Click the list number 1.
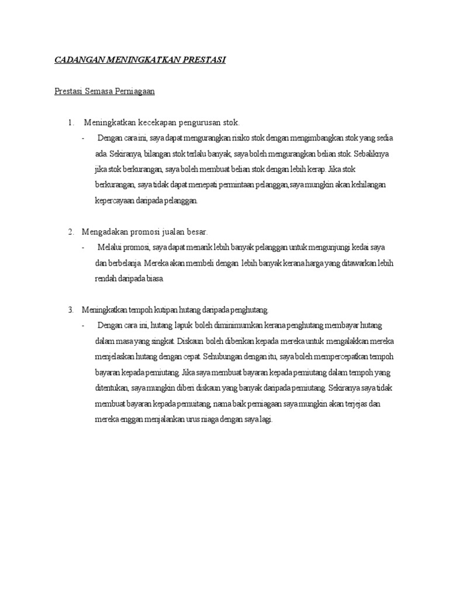click(70, 123)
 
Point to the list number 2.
click(70, 232)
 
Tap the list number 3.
click(70, 309)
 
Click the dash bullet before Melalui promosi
click(84, 247)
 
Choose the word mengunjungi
click(329, 247)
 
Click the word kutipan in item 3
click(170, 309)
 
